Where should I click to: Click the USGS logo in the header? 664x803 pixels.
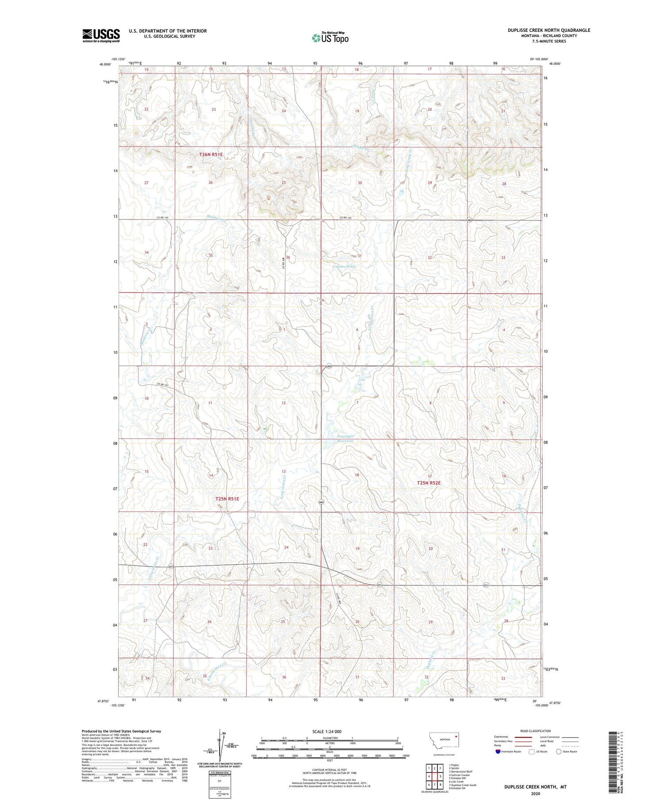tap(101, 35)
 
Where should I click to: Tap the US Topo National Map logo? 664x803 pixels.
tap(330, 38)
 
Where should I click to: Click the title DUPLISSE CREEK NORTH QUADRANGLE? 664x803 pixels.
tap(549, 30)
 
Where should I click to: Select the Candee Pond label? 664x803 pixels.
tap(344, 267)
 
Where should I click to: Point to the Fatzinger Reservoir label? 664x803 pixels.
tap(345, 438)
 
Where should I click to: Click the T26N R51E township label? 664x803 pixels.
tap(211, 154)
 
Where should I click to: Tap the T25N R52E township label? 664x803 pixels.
tap(429, 483)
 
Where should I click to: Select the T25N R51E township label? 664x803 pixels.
tap(227, 499)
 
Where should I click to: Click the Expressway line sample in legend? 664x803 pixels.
tap(522, 737)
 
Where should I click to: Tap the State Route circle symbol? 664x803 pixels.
tap(559, 752)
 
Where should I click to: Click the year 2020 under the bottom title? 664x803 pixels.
tap(535, 794)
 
